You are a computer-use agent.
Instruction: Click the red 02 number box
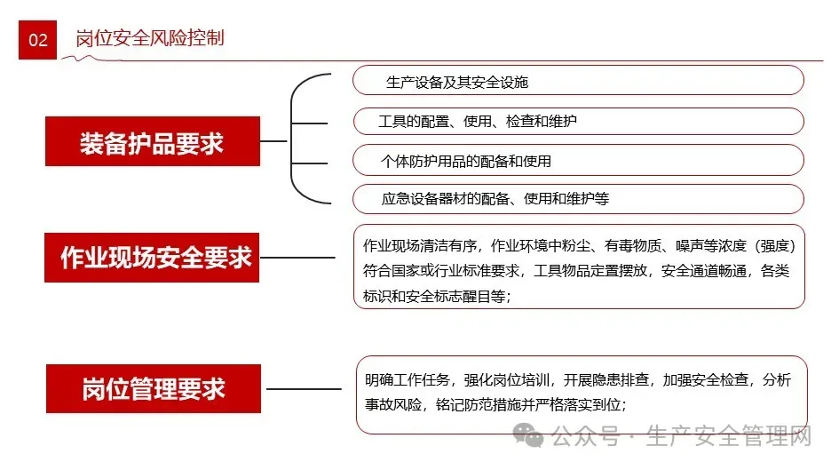(37, 40)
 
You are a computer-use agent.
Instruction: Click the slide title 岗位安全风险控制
(149, 38)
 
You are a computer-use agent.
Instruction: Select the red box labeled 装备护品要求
(152, 142)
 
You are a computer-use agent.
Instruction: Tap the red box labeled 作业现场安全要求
(152, 258)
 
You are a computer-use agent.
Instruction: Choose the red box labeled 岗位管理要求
(153, 388)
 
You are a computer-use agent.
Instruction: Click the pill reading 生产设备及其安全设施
(457, 82)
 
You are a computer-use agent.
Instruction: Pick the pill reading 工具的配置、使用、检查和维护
(478, 121)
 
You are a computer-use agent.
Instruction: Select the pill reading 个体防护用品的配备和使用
(465, 161)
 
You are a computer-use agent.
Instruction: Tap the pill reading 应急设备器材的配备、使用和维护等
(495, 199)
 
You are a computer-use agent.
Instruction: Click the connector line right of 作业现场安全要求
(297, 259)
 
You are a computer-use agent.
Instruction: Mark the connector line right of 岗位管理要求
(303, 388)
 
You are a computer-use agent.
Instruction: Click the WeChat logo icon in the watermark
(531, 435)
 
